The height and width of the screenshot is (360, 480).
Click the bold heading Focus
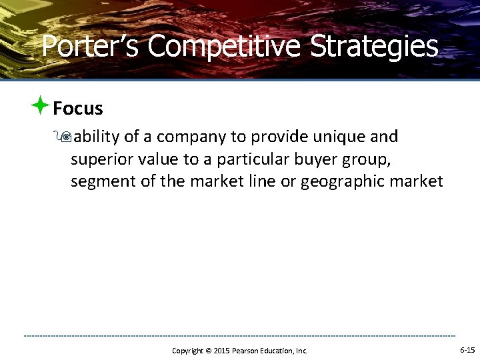pyautogui.click(x=78, y=108)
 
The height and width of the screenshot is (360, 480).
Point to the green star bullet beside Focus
pyautogui.click(x=40, y=105)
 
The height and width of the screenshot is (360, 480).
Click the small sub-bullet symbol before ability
pyautogui.click(x=65, y=137)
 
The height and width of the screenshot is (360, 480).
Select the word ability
pyautogui.click(x=97, y=137)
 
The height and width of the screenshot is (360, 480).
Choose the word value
pyautogui.click(x=159, y=160)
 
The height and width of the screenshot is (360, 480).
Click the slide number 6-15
pyautogui.click(x=467, y=350)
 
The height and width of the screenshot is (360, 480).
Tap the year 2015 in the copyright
pyautogui.click(x=221, y=351)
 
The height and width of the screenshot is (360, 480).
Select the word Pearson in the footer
pyautogui.click(x=246, y=351)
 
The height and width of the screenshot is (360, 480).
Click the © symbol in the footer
pyautogui.click(x=207, y=351)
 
